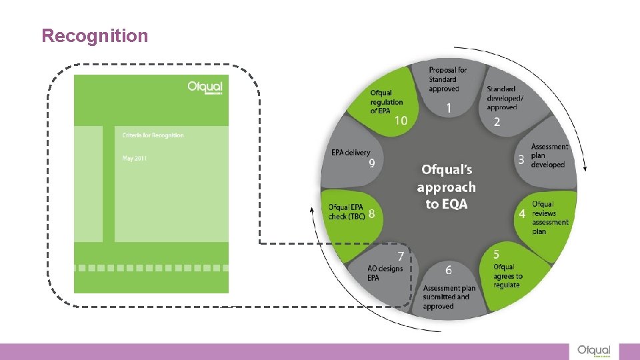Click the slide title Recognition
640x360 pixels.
pyautogui.click(x=95, y=35)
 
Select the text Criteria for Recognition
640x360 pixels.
pyautogui.click(x=153, y=135)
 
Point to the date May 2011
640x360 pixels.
pyautogui.click(x=135, y=159)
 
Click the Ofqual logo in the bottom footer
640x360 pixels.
pyautogui.click(x=594, y=351)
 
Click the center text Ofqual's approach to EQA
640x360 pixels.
pyautogui.click(x=447, y=187)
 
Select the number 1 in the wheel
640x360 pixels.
pyautogui.click(x=449, y=107)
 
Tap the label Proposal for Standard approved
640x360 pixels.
pyautogui.click(x=447, y=79)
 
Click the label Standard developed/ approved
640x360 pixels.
pyautogui.click(x=505, y=98)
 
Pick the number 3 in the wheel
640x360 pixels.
pyautogui.click(x=521, y=160)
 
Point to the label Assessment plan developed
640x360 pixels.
pyautogui.click(x=549, y=155)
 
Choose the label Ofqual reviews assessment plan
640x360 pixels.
pyautogui.click(x=550, y=217)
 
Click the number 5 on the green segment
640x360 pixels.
pyautogui.click(x=497, y=255)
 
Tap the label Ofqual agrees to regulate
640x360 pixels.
pyautogui.click(x=507, y=276)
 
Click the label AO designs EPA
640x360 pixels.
pyautogui.click(x=385, y=273)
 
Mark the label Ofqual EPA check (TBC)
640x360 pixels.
pyautogui.click(x=347, y=212)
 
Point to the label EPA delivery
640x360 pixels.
pyautogui.click(x=351, y=153)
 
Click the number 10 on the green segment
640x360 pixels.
pyautogui.click(x=401, y=121)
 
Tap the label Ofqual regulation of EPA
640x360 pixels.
pyautogui.click(x=387, y=101)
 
